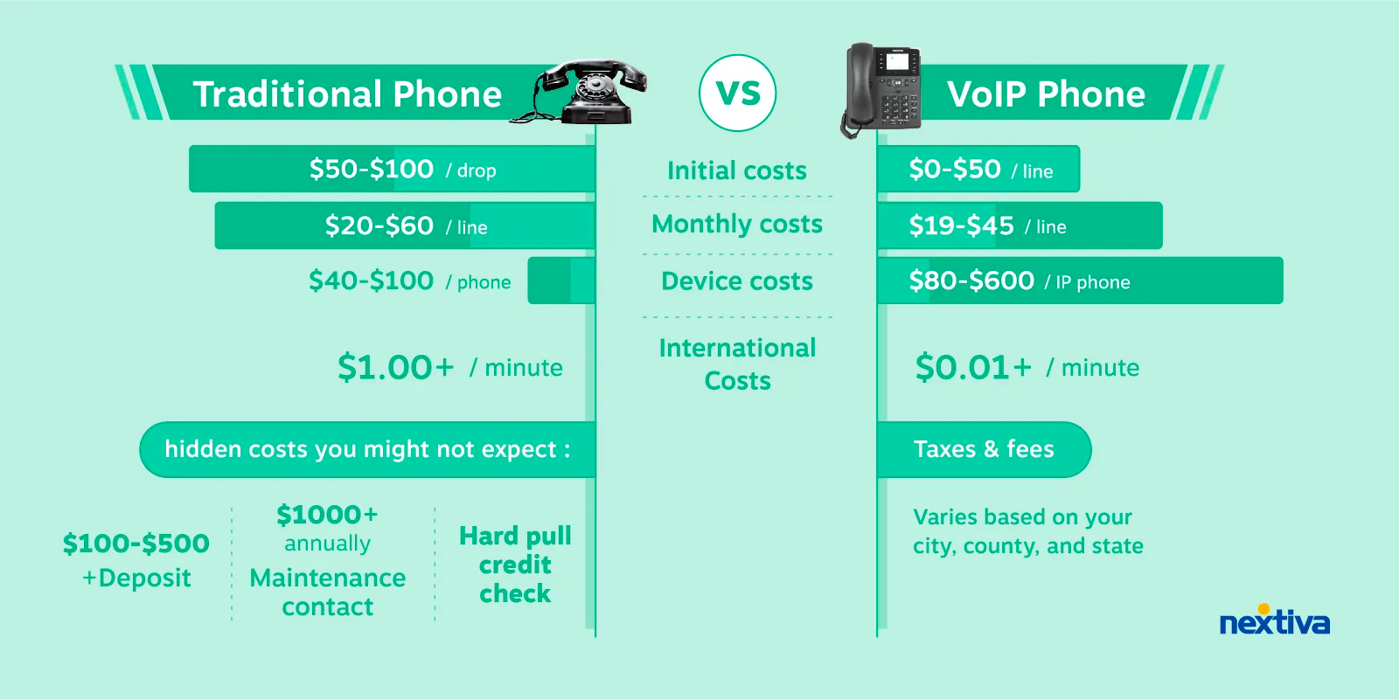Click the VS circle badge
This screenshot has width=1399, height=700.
[x=738, y=93]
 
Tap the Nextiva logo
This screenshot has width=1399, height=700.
[x=1275, y=620]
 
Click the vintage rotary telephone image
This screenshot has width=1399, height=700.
[x=578, y=92]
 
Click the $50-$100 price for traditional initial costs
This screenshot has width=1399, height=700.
[x=371, y=170]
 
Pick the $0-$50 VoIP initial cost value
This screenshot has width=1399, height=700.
[x=955, y=170]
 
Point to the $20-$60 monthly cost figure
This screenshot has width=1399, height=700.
[x=379, y=225]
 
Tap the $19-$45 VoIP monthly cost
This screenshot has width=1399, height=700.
[x=961, y=225]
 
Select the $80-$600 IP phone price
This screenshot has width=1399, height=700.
[x=971, y=281]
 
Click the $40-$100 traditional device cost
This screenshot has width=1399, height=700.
[x=371, y=281]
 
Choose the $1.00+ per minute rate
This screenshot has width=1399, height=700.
[x=395, y=366]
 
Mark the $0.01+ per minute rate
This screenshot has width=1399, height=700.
[x=973, y=366]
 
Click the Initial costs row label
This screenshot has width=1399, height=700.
[x=737, y=170]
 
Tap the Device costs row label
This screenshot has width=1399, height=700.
[x=737, y=281]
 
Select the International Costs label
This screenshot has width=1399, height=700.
[x=738, y=364]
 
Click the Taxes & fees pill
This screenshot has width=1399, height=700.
[x=984, y=449]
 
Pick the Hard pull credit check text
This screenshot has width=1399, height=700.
[x=515, y=565]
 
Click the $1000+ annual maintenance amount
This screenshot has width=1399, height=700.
[x=327, y=515]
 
